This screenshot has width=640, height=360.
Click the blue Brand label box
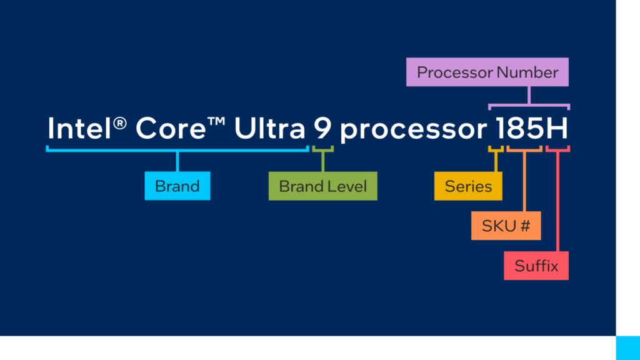177,186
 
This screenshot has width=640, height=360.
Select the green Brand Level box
322,186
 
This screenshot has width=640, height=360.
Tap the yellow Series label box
468,186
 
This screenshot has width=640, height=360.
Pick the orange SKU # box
506,226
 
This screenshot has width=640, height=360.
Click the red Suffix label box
536,266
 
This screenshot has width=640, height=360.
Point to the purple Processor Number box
487,72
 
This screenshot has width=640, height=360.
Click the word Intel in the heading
80,129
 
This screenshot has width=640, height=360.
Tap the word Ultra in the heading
269,129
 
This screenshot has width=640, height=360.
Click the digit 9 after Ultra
322,129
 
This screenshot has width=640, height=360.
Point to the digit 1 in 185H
501,129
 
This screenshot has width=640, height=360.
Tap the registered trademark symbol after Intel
121,123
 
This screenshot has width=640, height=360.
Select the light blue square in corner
627,347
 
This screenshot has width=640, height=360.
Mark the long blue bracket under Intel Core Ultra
177,149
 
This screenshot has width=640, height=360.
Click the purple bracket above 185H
529,105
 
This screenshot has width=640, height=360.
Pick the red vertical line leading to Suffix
557,206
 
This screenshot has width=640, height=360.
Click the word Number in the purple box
527,72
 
